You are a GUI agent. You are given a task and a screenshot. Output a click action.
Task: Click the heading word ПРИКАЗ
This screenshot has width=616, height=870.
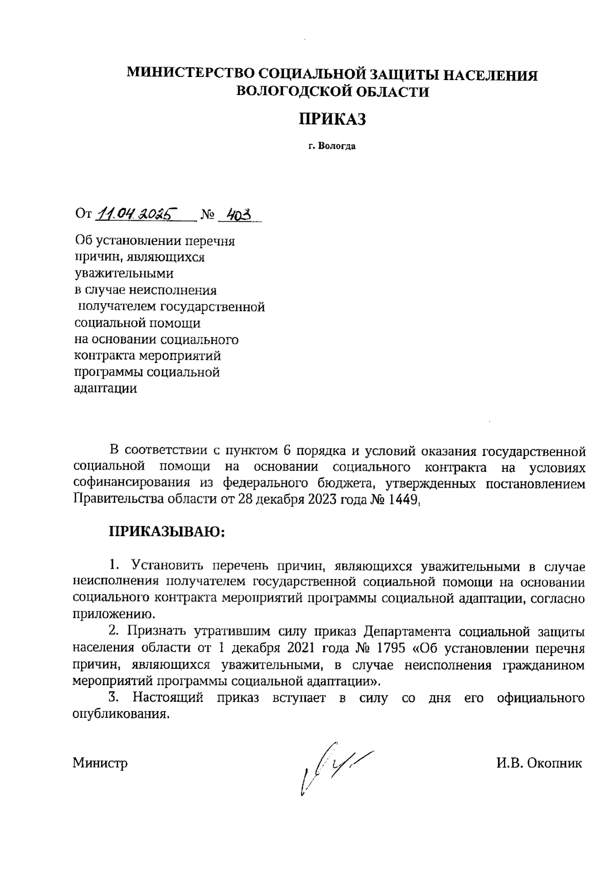[x=332, y=120]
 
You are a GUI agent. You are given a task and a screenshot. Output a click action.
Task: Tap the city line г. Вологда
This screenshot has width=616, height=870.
[x=332, y=146]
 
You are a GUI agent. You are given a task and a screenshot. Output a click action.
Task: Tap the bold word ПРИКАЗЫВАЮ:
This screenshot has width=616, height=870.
[x=167, y=531]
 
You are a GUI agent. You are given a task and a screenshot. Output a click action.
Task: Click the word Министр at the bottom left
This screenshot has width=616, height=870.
[x=100, y=763]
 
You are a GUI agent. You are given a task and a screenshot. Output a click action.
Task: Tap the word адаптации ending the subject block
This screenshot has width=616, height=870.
[x=106, y=389]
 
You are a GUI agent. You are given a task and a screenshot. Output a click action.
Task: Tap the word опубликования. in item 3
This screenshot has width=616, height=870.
[x=122, y=714]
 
